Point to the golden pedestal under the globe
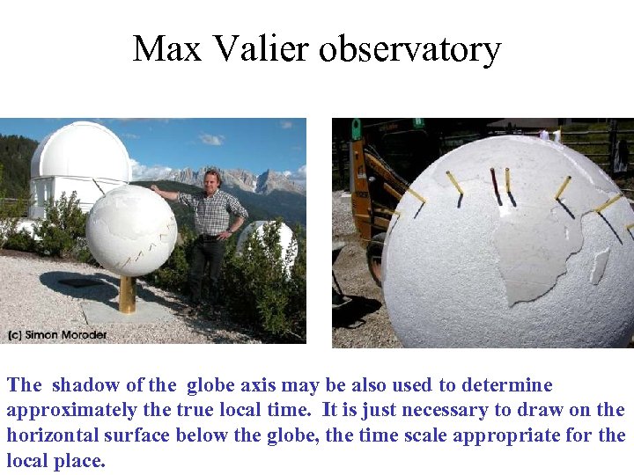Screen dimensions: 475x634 (128, 294)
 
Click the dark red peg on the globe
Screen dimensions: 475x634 (495, 185)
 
